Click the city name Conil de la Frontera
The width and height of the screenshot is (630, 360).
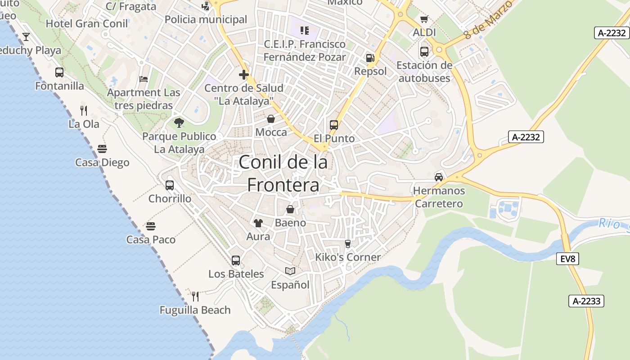click(x=283, y=174)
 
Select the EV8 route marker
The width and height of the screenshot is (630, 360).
click(x=567, y=259)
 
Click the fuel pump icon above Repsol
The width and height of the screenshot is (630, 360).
click(x=370, y=58)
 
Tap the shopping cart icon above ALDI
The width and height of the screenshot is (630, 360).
click(x=424, y=19)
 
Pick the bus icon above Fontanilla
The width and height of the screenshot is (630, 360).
click(x=59, y=72)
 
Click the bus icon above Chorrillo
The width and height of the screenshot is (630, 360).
click(x=170, y=185)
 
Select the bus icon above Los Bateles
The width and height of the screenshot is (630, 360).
click(x=236, y=260)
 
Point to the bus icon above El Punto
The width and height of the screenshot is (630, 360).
click(x=333, y=125)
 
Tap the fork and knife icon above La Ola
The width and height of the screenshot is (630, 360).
click(x=83, y=110)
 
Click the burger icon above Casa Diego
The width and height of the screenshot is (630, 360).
click(x=102, y=149)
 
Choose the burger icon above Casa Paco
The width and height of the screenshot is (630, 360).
click(x=151, y=226)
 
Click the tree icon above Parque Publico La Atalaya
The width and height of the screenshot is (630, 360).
click(x=179, y=122)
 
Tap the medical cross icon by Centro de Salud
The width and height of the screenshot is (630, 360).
click(x=244, y=74)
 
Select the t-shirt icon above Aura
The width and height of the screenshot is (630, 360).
click(x=258, y=223)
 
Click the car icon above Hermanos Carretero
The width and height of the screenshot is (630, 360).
click(x=439, y=177)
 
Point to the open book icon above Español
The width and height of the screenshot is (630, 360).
click(x=290, y=271)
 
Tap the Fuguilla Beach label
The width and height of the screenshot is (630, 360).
click(x=195, y=310)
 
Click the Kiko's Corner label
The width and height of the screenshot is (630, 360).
click(x=348, y=257)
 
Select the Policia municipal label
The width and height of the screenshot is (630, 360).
click(x=206, y=19)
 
